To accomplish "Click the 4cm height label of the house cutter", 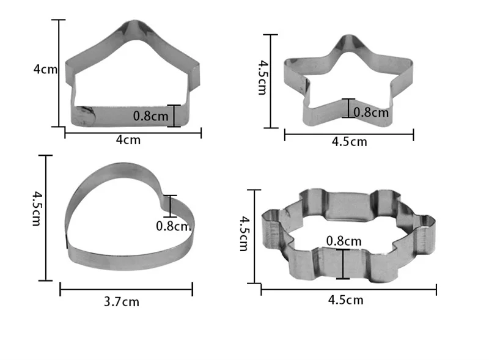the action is pos(45,69).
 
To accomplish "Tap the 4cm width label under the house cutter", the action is pos(128,140).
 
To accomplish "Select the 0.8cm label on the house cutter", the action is pos(150,116).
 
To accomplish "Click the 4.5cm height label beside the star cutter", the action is pos(263,78).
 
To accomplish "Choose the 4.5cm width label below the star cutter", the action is pos(349,142).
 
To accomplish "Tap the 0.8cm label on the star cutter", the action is pos(371,112).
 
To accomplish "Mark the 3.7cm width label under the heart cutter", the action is pos(122,302).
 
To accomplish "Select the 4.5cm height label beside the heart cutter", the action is pos(37,208).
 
